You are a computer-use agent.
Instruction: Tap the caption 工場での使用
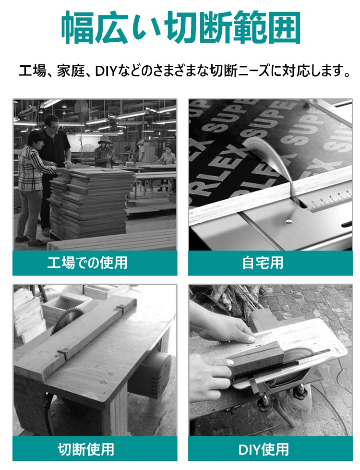87,263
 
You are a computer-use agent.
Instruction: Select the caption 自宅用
263,263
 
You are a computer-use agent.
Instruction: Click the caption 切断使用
86,449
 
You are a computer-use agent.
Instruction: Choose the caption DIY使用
264,449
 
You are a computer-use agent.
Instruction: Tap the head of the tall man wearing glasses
51,123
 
